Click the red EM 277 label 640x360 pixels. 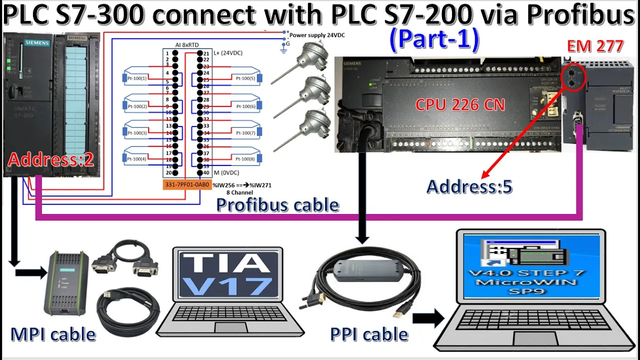click(x=595, y=46)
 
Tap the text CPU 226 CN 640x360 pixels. click(x=460, y=105)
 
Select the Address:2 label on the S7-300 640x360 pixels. click(x=50, y=160)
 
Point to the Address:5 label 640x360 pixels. click(x=469, y=186)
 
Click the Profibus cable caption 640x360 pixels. click(x=277, y=204)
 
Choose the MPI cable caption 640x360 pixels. click(x=53, y=334)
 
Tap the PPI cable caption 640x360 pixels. click(x=369, y=334)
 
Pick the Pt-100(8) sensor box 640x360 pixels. click(x=245, y=159)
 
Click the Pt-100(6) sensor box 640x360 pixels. click(x=245, y=106)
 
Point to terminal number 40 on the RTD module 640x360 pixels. click(x=206, y=173)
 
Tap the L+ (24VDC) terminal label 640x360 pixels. click(x=228, y=53)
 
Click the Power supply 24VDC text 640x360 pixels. click(x=317, y=35)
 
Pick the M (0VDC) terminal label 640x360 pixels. click(x=226, y=173)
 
